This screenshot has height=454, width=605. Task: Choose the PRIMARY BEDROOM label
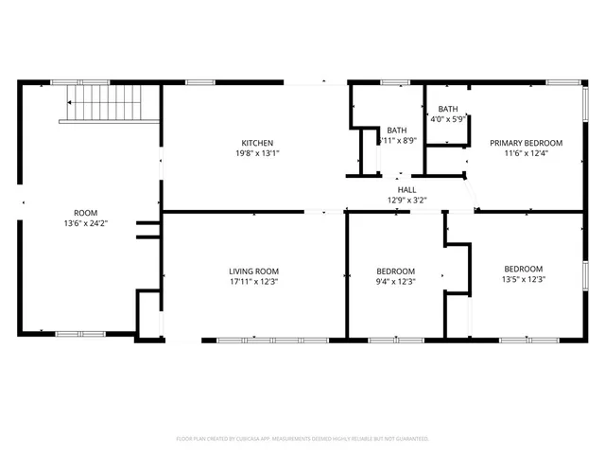tap(526, 143)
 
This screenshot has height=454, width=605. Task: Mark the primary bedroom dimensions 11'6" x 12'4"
tap(526, 153)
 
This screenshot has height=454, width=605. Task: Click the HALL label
tap(407, 189)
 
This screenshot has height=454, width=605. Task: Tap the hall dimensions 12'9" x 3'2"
tap(407, 200)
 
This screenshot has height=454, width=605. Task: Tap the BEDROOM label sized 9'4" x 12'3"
tap(396, 270)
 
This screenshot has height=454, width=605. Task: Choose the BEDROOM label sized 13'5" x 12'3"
tap(523, 268)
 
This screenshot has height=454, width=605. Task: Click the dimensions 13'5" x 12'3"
tap(523, 279)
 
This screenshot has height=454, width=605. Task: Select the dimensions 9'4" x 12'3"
tap(396, 280)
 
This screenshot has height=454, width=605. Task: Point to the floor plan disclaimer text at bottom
tap(302, 439)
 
